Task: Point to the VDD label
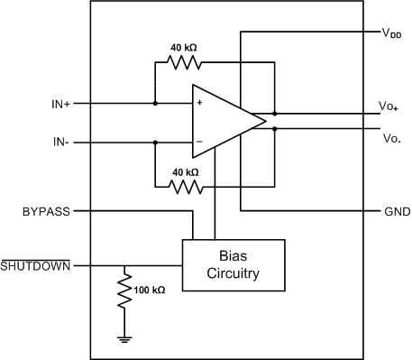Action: (390, 32)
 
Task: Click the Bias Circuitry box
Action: (233, 265)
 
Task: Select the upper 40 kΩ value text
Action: (183, 48)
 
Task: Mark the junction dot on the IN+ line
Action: (155, 104)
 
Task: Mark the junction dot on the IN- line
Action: (155, 142)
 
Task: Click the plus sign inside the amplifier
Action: (199, 104)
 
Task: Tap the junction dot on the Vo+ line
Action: (274, 115)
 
